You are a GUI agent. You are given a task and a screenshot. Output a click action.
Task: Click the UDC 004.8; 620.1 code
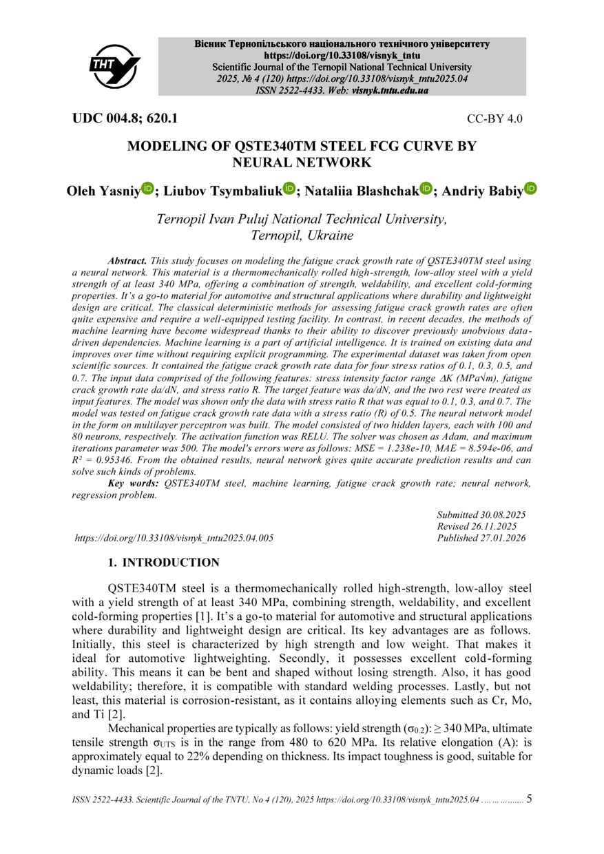pos(125,118)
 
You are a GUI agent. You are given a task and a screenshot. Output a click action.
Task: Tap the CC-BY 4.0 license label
pos(494,118)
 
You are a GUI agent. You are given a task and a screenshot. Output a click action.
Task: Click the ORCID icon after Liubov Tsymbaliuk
pos(289,188)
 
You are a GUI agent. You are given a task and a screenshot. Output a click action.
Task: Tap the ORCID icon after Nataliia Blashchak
pos(426,188)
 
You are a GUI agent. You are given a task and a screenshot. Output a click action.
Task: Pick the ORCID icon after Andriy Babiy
pos(530,188)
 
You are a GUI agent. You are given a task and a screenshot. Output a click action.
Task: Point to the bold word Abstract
pos(127,261)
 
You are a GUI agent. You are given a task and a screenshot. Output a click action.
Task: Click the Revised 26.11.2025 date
pos(477,526)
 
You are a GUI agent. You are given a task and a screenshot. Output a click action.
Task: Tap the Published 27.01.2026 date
pos(481,538)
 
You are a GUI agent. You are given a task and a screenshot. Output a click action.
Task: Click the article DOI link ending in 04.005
pos(174,539)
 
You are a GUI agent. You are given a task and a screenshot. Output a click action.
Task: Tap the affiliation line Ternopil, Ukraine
pos(302,236)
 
